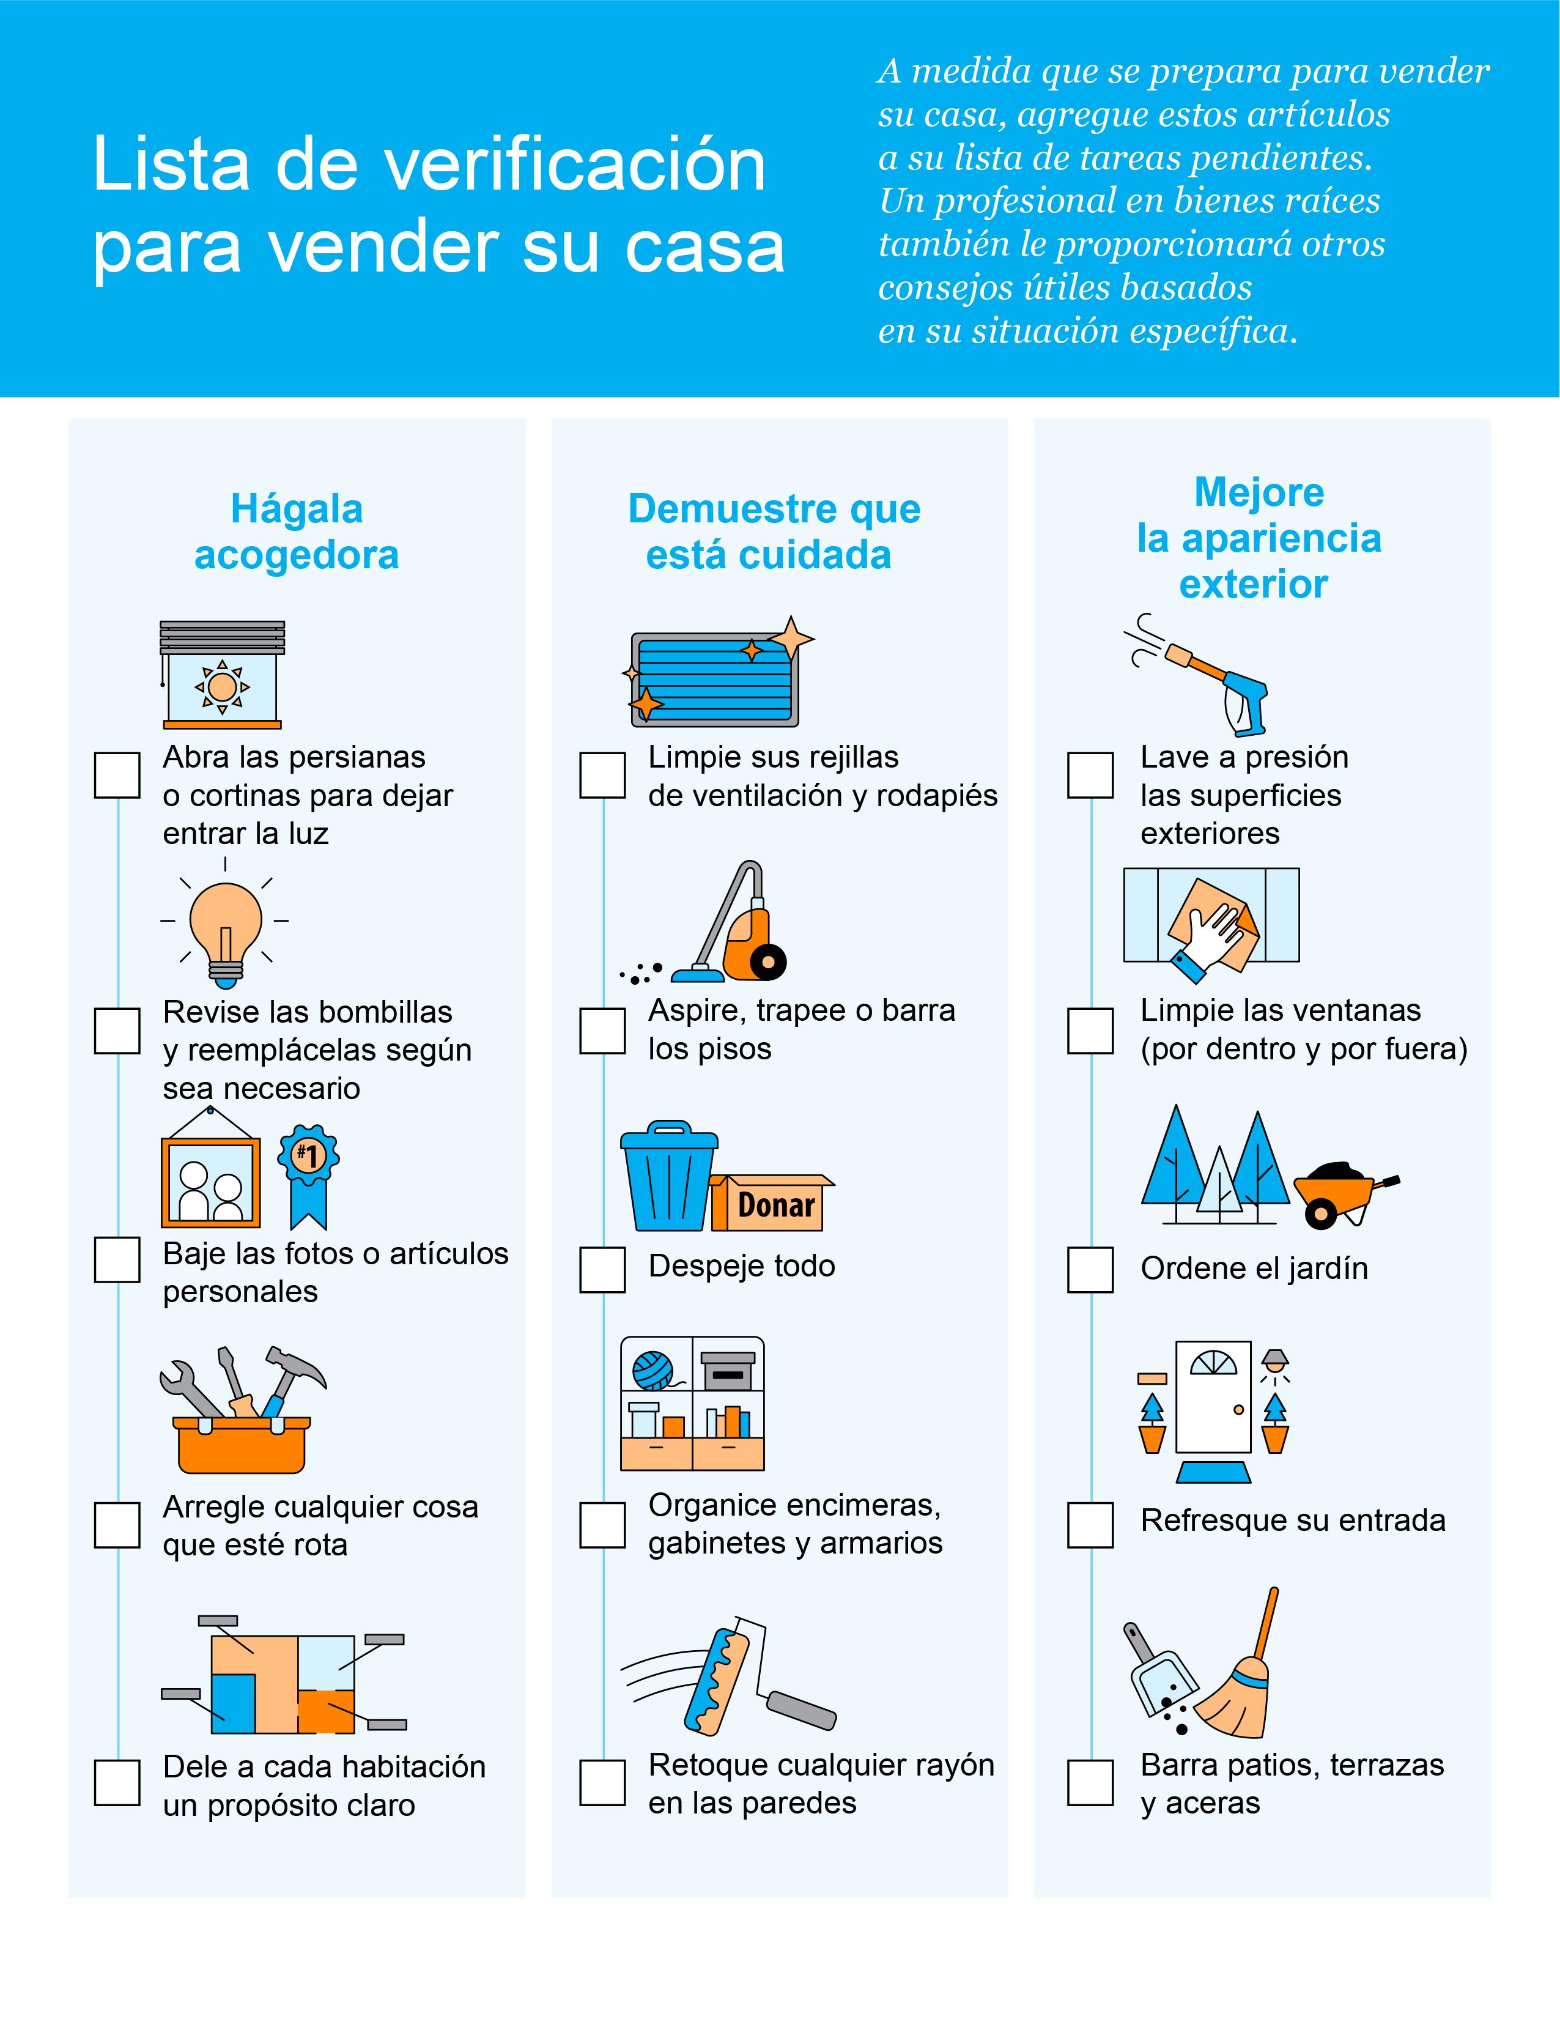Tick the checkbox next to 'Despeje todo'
pyautogui.click(x=602, y=1269)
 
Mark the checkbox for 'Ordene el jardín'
pyautogui.click(x=1090, y=1269)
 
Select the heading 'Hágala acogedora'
pyautogui.click(x=297, y=532)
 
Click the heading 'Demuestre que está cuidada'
pyautogui.click(x=774, y=532)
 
